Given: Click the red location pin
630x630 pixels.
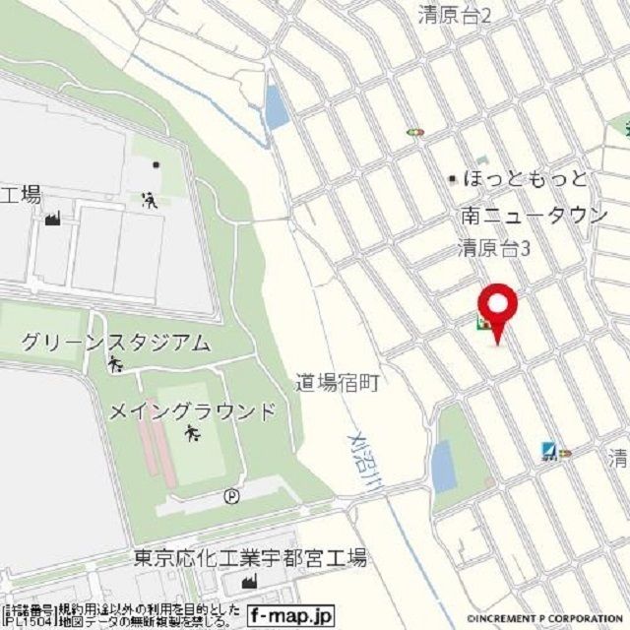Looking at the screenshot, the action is pyautogui.click(x=497, y=307).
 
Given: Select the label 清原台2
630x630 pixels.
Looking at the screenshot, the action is pyautogui.click(x=454, y=15).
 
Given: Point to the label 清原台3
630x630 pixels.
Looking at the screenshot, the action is pyautogui.click(x=495, y=249).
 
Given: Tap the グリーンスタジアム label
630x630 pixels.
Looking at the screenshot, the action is pyautogui.click(x=115, y=343).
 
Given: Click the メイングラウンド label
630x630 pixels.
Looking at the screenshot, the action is pyautogui.click(x=192, y=411).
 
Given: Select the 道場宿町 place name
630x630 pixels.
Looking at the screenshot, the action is pyautogui.click(x=338, y=382).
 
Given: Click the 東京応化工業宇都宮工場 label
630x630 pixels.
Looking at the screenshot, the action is pyautogui.click(x=250, y=559).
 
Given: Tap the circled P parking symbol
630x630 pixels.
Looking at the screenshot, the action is pyautogui.click(x=230, y=496).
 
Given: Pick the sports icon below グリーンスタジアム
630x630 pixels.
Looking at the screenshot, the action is pyautogui.click(x=116, y=367).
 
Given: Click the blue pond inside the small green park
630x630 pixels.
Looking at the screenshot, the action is pyautogui.click(x=444, y=466).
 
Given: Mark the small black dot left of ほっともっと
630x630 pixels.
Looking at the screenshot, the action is pyautogui.click(x=453, y=179).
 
